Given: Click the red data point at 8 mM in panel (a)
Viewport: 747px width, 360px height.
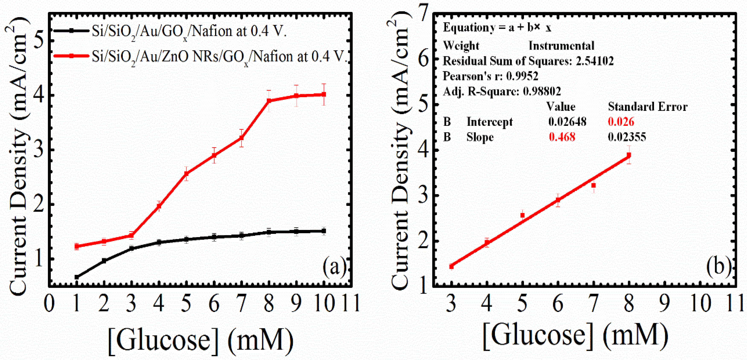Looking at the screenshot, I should tap(269, 101).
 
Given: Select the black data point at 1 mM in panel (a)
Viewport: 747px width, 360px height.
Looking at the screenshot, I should tap(77, 277).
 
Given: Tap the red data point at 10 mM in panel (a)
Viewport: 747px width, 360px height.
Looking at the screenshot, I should tap(324, 94).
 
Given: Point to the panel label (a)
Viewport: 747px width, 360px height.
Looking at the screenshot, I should tap(334, 266).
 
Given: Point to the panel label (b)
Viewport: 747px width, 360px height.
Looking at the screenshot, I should tap(718, 266).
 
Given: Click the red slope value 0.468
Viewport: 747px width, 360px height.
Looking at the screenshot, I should tap(562, 137).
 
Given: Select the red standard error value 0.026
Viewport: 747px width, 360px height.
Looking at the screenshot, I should tap(621, 122).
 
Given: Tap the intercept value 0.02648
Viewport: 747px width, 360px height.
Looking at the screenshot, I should tap(567, 122).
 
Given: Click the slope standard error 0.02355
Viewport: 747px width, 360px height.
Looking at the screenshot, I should tap(627, 137).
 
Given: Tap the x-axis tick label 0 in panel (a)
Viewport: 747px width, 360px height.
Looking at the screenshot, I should tap(49, 303).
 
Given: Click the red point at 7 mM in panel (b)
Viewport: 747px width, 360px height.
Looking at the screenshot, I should tap(593, 185).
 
